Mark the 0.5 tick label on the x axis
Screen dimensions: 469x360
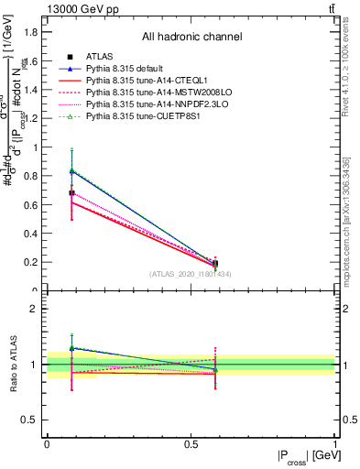coord(190,443)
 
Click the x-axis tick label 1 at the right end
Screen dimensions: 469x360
coord(334,443)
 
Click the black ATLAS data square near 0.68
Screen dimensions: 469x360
coord(71,193)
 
